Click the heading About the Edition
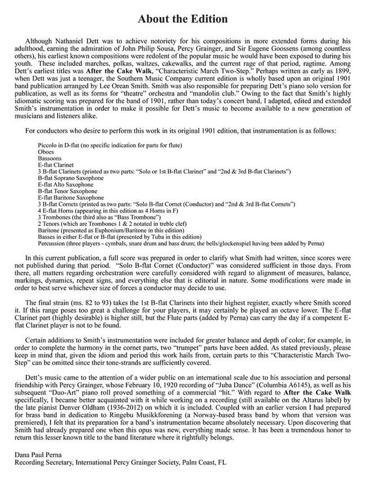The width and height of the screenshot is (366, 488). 182,19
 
